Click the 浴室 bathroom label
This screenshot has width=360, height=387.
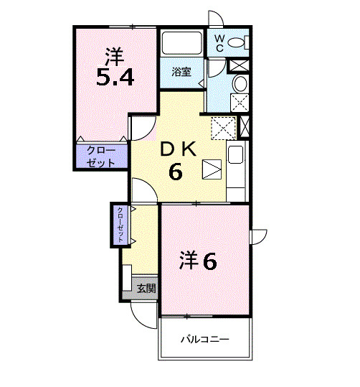click(181, 72)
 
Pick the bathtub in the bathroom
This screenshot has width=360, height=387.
click(181, 45)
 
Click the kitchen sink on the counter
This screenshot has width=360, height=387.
click(236, 153)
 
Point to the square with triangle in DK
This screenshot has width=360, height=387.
click(212, 169)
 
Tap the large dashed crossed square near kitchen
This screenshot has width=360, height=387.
click(223, 127)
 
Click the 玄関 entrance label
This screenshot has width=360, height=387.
click(146, 289)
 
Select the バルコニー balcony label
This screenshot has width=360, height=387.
click(205, 339)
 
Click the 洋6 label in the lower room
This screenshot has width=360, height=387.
click(198, 261)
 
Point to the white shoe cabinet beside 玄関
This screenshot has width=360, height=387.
click(127, 280)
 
